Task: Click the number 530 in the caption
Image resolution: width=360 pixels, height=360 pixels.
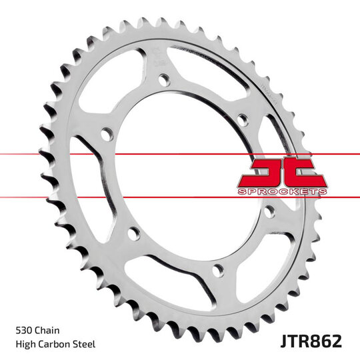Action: coord(24,329)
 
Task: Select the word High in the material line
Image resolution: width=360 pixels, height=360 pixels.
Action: coord(25,344)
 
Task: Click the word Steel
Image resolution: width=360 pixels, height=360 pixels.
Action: coord(85,344)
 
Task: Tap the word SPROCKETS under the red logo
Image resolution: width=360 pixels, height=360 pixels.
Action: coord(282,191)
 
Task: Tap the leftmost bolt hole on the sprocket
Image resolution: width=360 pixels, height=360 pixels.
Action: coord(105,135)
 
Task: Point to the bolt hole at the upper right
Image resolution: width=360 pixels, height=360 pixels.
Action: coord(243,119)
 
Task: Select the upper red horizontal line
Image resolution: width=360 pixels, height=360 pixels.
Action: coord(100,155)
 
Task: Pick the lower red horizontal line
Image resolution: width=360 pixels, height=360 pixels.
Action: coord(100,197)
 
